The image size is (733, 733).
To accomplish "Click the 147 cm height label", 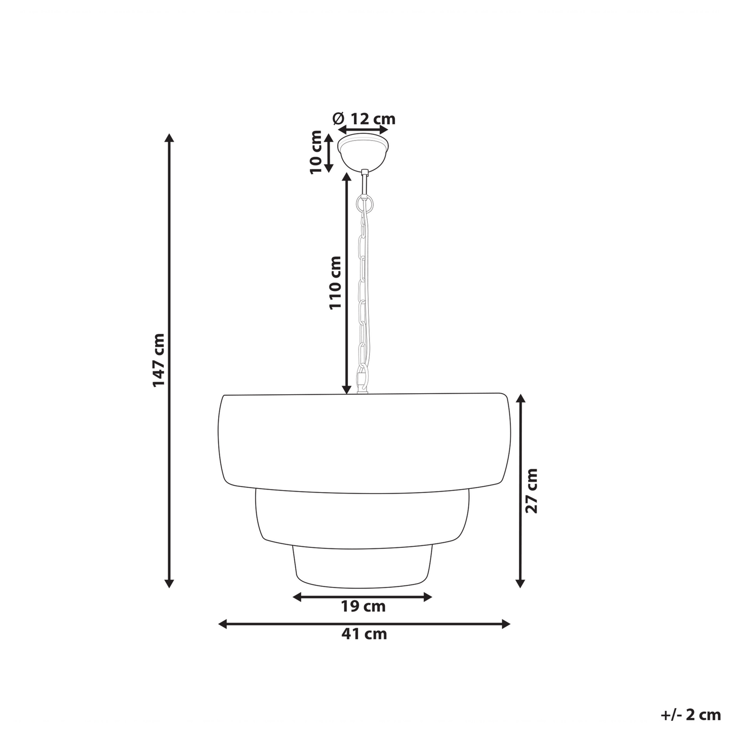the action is coord(159,360).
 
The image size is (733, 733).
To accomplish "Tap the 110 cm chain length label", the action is coord(335,282).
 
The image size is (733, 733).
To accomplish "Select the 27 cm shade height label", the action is coord(532,491).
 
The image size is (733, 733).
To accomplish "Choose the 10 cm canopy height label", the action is coord(316,152).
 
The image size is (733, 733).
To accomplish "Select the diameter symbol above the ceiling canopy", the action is coord(338,119).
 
